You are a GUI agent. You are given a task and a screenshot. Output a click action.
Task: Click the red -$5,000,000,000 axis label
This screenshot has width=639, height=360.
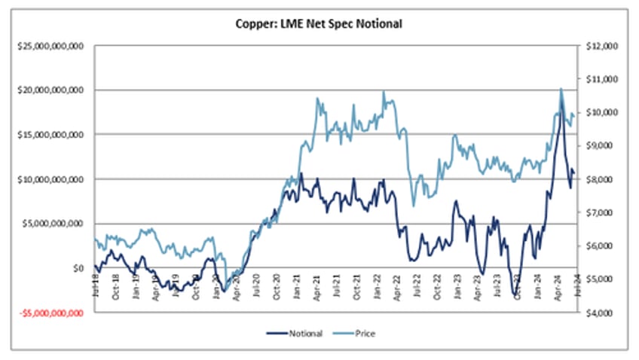50,312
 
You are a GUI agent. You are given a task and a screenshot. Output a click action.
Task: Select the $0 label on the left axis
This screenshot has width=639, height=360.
78,267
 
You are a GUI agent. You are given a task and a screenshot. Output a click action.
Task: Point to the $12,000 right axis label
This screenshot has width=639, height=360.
601,45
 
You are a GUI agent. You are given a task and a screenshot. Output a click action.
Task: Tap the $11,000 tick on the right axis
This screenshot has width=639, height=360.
601,78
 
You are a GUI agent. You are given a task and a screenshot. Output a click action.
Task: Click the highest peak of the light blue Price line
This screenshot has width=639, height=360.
561,89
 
